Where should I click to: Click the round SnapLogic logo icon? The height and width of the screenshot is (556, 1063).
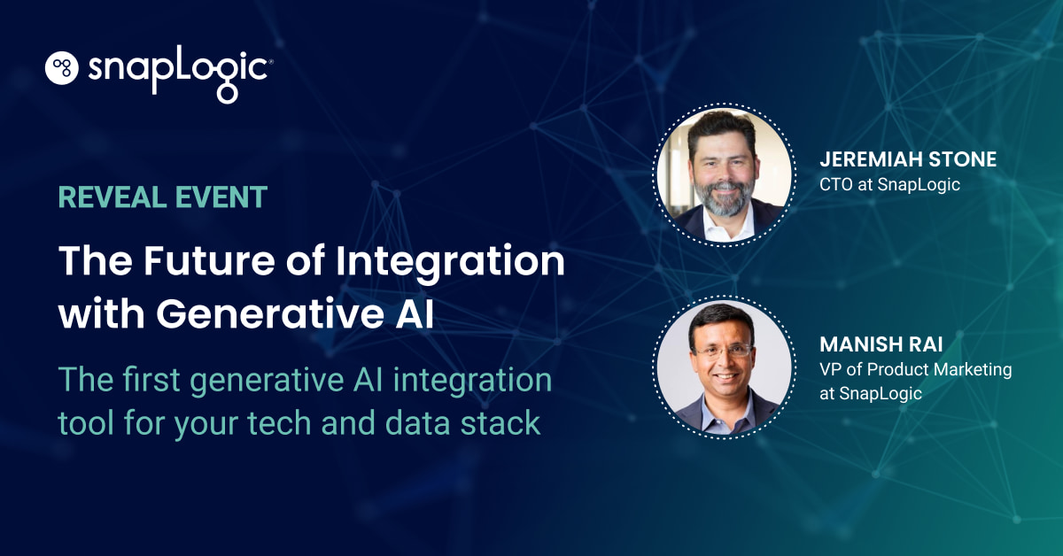(x=63, y=68)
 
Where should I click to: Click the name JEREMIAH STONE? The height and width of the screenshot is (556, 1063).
(x=908, y=160)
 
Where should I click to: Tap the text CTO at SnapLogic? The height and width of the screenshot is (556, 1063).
(x=889, y=185)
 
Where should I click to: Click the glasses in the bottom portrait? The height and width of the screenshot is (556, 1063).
(x=724, y=350)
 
